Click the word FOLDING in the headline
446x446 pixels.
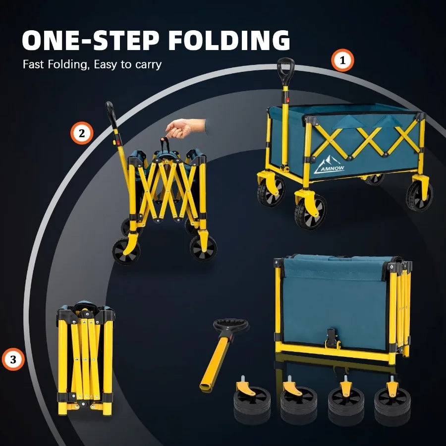[229, 40]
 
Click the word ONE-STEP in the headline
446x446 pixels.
[91, 40]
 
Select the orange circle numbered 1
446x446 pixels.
[342, 60]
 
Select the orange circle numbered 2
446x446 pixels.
[82, 133]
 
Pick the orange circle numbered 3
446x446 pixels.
[13, 360]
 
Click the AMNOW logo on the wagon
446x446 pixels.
[329, 165]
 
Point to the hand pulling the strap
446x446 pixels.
[185, 128]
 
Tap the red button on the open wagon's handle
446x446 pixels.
[287, 100]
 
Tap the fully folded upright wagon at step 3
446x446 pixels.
[86, 358]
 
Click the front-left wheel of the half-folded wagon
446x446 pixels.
[126, 251]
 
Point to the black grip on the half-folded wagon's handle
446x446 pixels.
[111, 114]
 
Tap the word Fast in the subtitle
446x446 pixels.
[33, 64]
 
